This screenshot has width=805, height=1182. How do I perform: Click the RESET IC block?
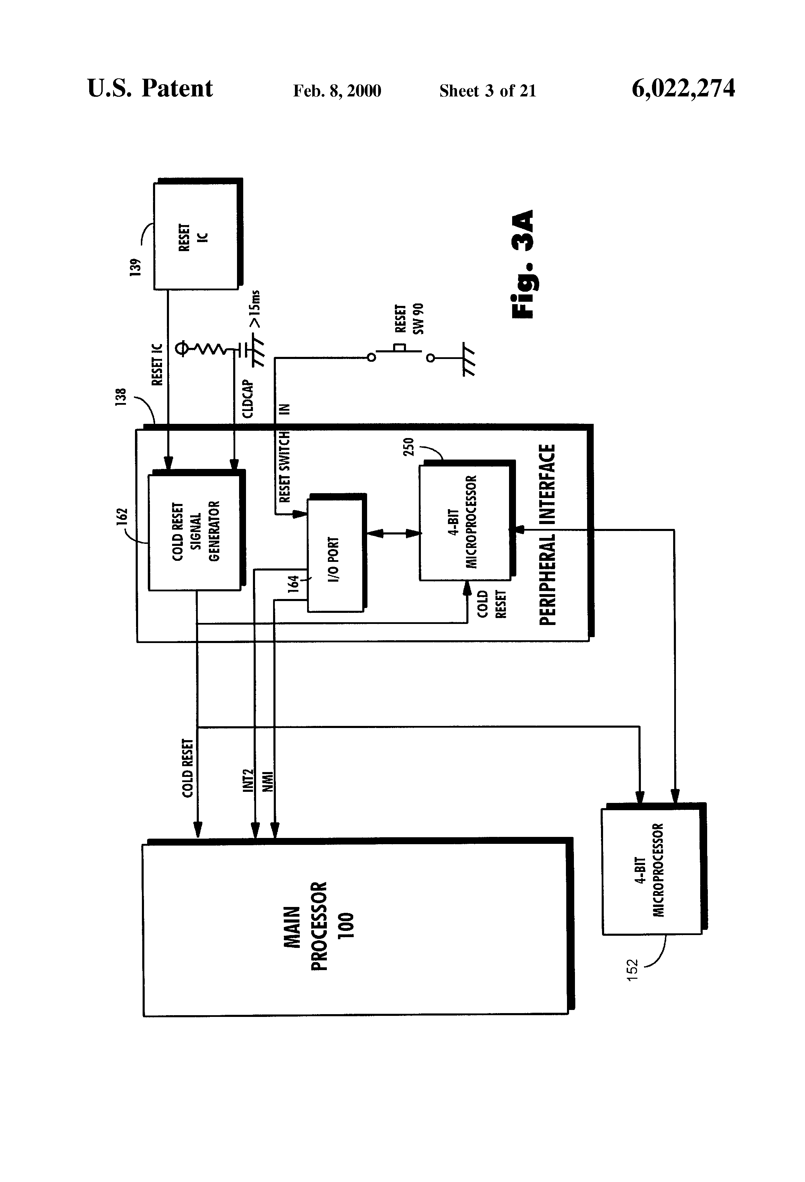click(198, 234)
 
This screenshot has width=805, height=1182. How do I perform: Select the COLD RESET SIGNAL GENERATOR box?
click(196, 530)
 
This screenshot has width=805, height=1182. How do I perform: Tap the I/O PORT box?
click(336, 553)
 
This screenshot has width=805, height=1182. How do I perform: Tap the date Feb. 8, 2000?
click(337, 91)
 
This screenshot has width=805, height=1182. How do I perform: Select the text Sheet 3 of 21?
click(488, 91)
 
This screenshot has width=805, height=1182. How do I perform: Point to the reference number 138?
click(121, 397)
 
